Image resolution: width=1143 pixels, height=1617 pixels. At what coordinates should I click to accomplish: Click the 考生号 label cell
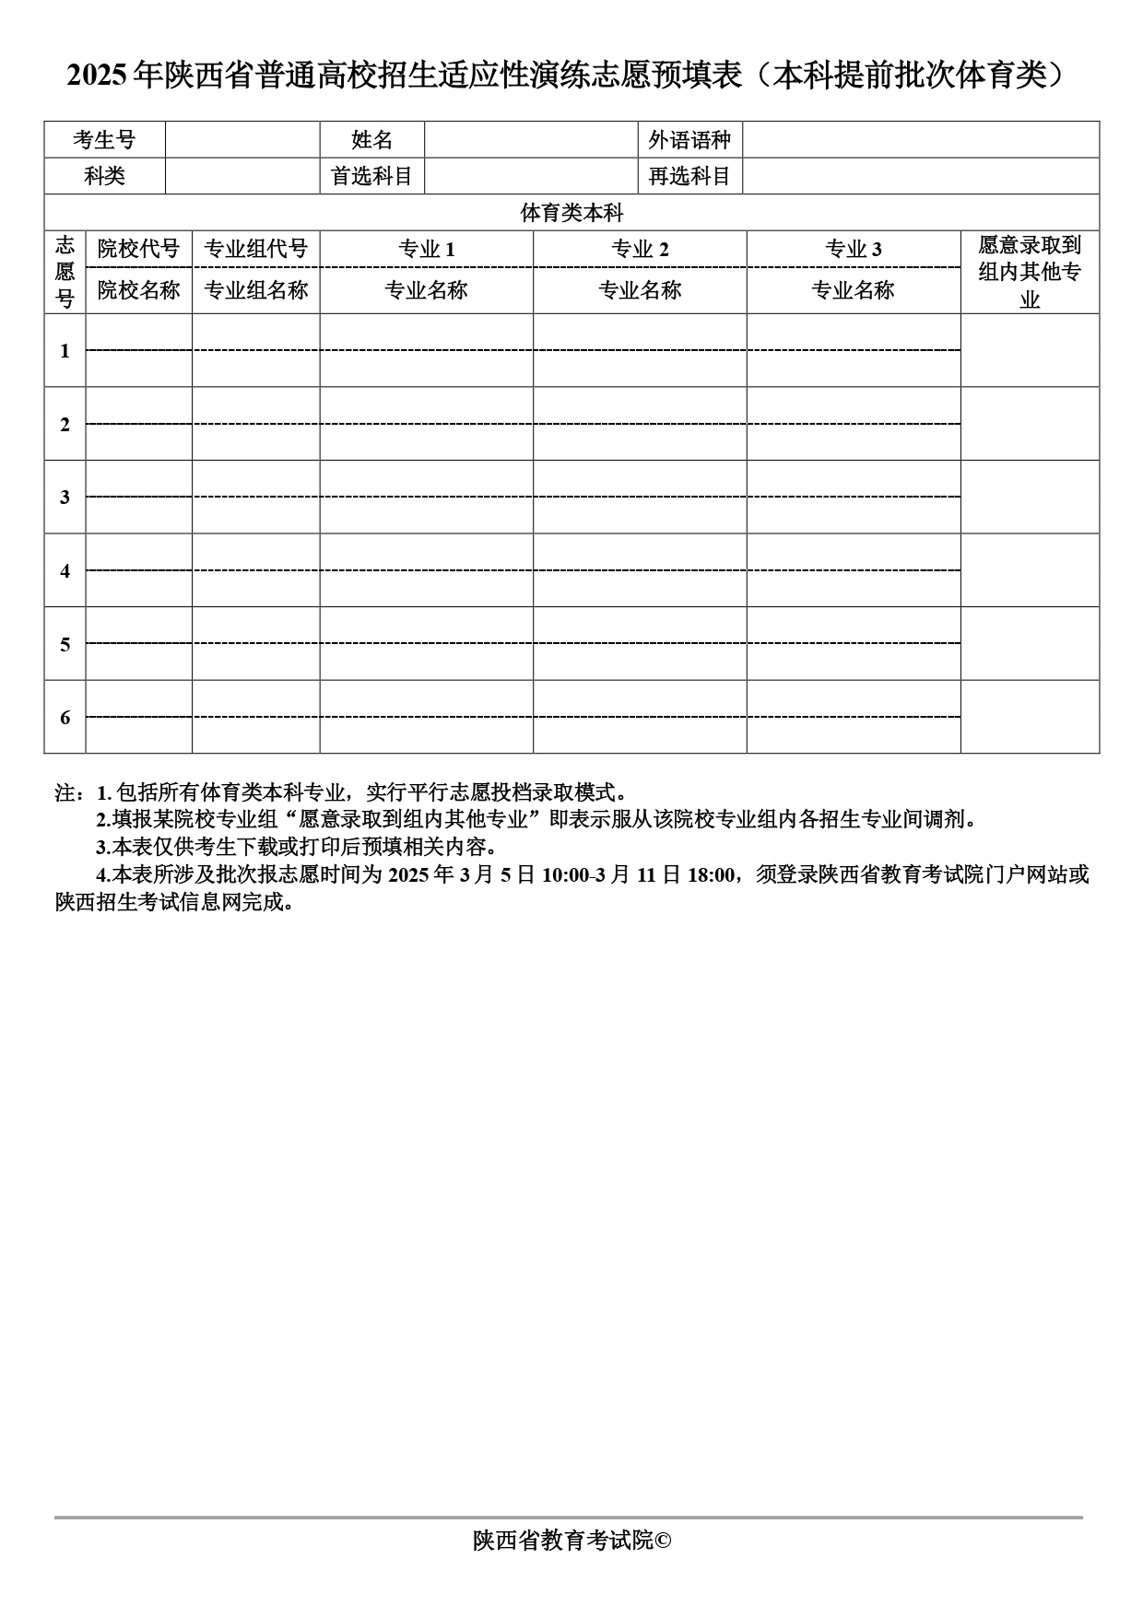[x=104, y=140]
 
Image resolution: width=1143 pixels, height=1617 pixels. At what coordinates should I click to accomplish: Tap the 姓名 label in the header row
[x=371, y=140]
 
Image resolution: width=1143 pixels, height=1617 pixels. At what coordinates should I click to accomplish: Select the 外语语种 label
[x=689, y=140]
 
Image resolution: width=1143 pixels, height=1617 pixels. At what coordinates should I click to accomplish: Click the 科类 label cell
[x=104, y=176]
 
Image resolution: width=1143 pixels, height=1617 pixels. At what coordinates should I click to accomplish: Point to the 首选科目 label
[x=371, y=176]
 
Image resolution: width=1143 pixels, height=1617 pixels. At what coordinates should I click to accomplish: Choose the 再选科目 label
[x=689, y=176]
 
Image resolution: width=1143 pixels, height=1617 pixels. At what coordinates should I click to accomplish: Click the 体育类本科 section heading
[x=571, y=213]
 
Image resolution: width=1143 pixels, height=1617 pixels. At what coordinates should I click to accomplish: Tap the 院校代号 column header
[x=138, y=249]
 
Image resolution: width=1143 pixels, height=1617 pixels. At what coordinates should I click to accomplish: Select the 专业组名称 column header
[x=255, y=290]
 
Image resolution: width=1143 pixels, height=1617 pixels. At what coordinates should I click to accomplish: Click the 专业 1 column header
[x=426, y=249]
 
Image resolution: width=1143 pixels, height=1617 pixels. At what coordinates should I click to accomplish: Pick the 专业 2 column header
[x=640, y=249]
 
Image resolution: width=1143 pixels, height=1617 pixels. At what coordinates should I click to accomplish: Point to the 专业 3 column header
[x=853, y=249]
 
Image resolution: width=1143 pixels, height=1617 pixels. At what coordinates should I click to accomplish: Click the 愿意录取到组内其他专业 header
[x=1030, y=272]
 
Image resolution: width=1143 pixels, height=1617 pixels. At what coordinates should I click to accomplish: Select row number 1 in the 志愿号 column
[x=65, y=351]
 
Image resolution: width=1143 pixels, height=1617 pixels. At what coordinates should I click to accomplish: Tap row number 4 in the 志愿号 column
[x=65, y=571]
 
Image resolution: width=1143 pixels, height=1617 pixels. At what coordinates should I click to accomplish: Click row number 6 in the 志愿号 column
[x=65, y=718]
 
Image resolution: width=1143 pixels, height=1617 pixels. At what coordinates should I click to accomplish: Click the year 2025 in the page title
[x=97, y=76]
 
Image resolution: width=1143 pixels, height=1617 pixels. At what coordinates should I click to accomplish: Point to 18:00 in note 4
[x=712, y=875]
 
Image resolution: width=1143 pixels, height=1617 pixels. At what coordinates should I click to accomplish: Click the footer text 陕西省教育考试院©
[x=571, y=1541]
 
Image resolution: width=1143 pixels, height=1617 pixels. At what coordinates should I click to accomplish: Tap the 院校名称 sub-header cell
[x=138, y=290]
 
